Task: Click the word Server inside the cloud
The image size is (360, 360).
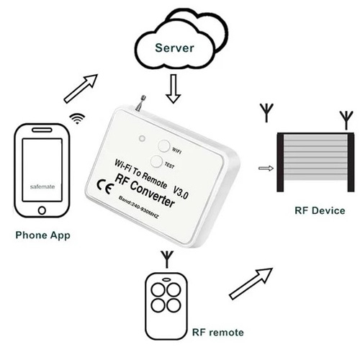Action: (x=174, y=48)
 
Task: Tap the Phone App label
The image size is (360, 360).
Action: (x=42, y=235)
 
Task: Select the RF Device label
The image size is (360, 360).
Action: (x=320, y=210)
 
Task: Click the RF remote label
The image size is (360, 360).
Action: (x=218, y=333)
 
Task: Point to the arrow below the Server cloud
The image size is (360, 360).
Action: (x=174, y=89)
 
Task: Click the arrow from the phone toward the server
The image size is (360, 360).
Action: (x=81, y=89)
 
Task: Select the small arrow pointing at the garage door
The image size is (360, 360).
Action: (x=266, y=168)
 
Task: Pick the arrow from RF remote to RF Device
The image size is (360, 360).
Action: (x=251, y=284)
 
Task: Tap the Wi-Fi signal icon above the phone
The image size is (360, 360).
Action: (x=77, y=118)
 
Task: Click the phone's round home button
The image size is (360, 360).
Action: (x=42, y=210)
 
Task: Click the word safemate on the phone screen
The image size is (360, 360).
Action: (x=42, y=186)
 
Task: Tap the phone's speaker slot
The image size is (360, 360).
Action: (x=42, y=130)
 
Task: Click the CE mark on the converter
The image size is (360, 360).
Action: (x=105, y=186)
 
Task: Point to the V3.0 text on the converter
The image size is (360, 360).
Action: (x=181, y=192)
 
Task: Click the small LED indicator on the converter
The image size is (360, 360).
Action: (x=143, y=138)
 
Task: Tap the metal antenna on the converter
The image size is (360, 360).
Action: (x=140, y=103)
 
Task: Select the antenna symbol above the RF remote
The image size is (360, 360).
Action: (x=167, y=259)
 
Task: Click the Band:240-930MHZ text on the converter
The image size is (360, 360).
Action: (x=138, y=207)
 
